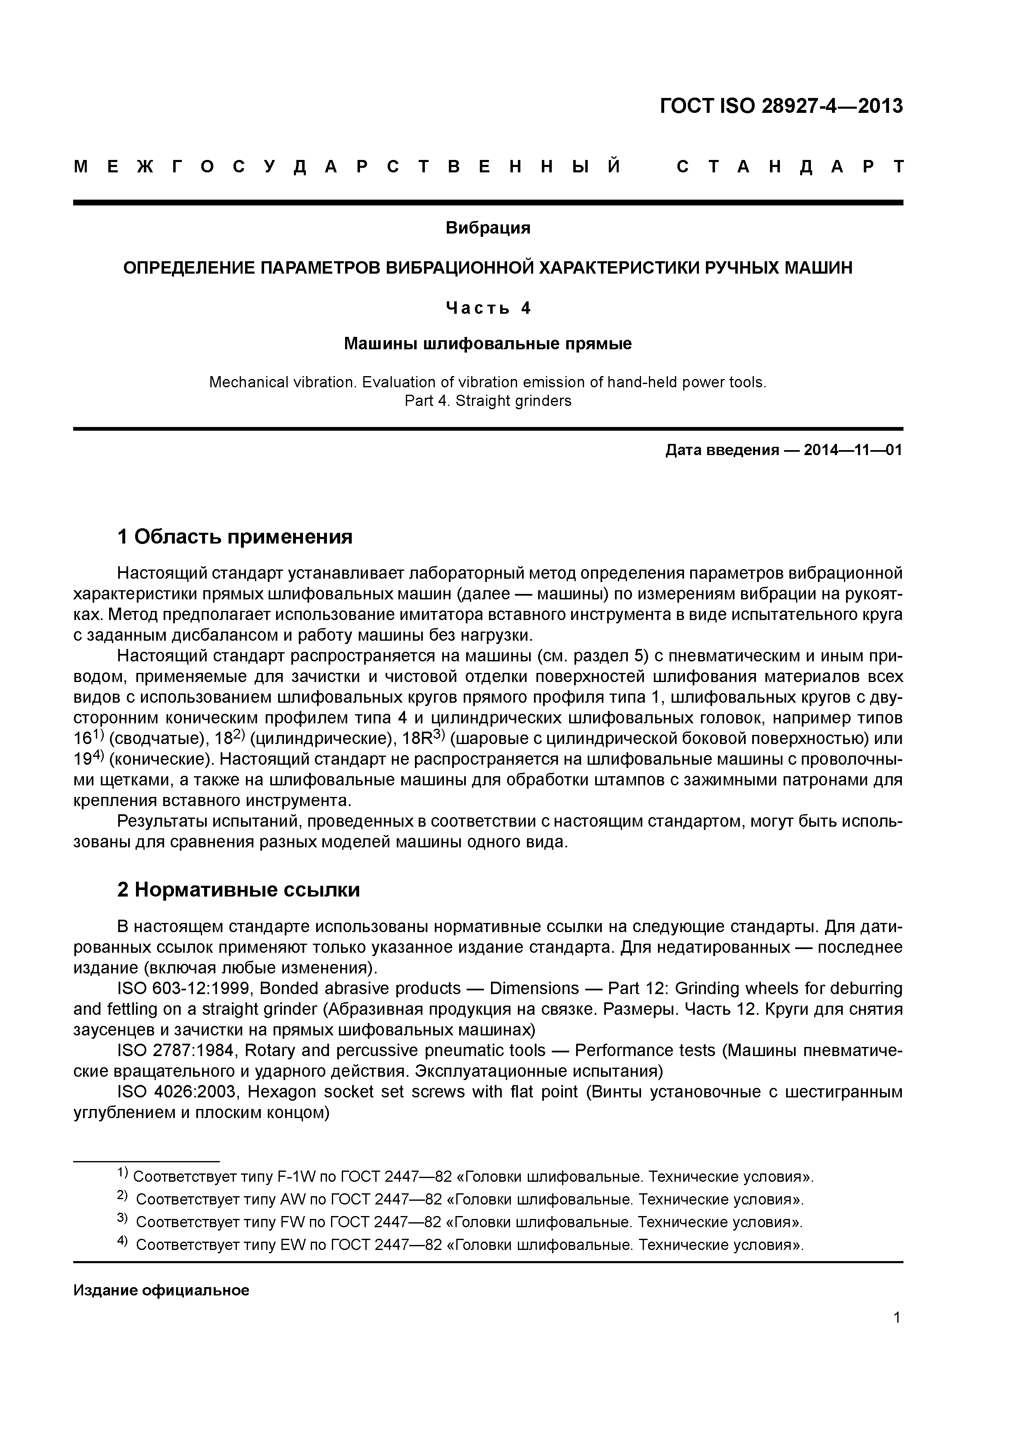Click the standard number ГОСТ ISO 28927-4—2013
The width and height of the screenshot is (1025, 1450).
(x=781, y=106)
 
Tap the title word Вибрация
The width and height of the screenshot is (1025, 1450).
(x=488, y=228)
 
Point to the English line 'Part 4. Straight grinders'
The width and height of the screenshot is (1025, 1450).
(x=488, y=401)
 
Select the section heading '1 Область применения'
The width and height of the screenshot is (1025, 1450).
(x=235, y=537)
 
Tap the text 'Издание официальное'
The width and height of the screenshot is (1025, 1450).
(x=161, y=1290)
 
